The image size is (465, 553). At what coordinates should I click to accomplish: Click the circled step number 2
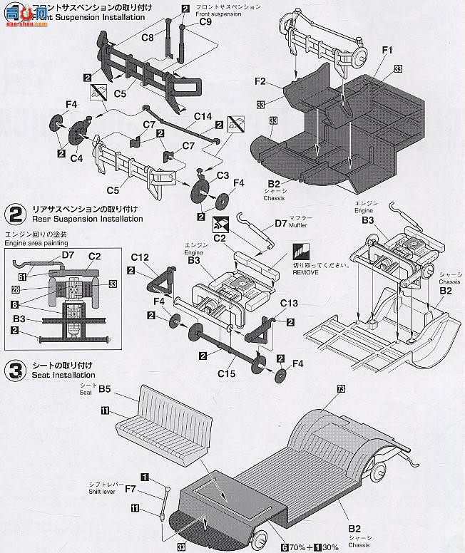(14, 213)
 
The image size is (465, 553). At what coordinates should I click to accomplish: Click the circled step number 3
(14, 370)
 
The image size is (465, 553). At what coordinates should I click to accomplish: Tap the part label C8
(148, 37)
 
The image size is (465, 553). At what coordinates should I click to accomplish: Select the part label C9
(205, 22)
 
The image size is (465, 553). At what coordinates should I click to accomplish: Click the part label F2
(260, 82)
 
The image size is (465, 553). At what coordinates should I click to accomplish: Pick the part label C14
(203, 117)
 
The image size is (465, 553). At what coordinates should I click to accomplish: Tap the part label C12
(140, 257)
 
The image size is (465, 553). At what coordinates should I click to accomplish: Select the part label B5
(106, 389)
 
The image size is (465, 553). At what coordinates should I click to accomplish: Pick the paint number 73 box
(340, 388)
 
